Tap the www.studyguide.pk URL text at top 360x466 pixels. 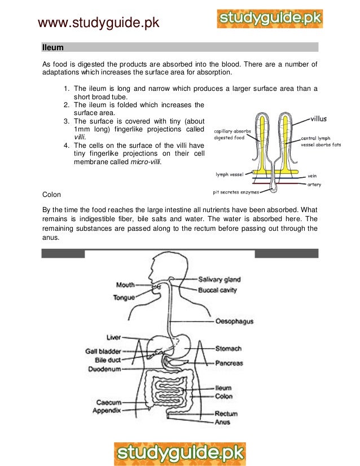[x=98, y=23]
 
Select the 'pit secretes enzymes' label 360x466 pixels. [x=236, y=192]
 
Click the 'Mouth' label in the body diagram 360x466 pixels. [x=125, y=285]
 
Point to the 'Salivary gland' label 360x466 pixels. [x=219, y=279]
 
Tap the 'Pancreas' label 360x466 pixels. [x=229, y=363]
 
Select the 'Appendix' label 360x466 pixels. [x=107, y=411]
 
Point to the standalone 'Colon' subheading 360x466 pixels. [x=52, y=195]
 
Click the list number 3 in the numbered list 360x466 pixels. [x=66, y=120]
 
